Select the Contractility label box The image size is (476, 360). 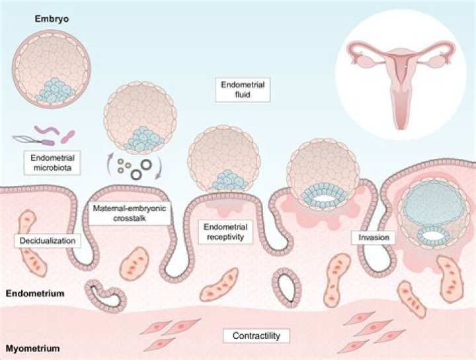(x=257, y=336)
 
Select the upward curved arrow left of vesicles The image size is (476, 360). (x=110, y=159)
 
